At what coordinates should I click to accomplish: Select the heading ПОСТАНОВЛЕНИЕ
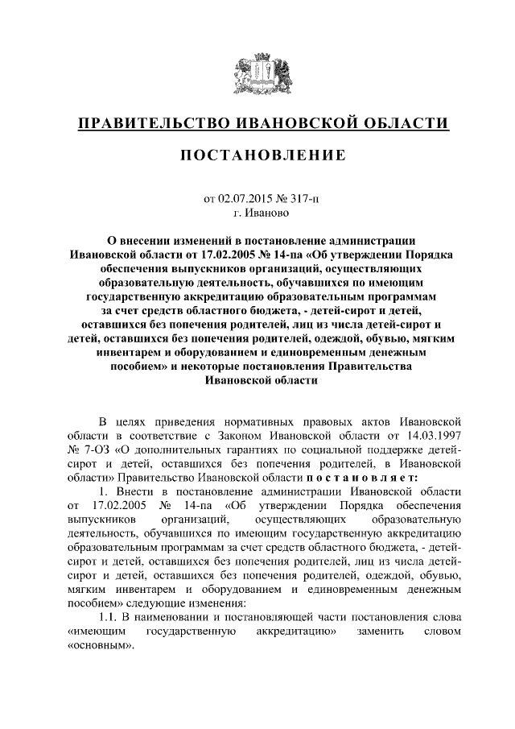pos(257,155)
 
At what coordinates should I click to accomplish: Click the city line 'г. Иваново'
pos(257,214)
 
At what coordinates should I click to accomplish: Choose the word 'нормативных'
pos(262,420)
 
